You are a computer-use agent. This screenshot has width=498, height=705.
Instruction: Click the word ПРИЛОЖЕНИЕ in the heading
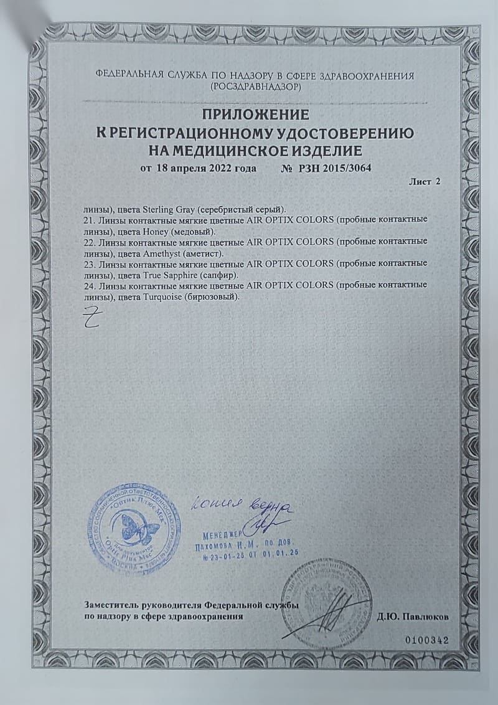(255, 115)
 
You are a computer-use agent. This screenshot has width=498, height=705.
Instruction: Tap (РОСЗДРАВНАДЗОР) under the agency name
(255, 87)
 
